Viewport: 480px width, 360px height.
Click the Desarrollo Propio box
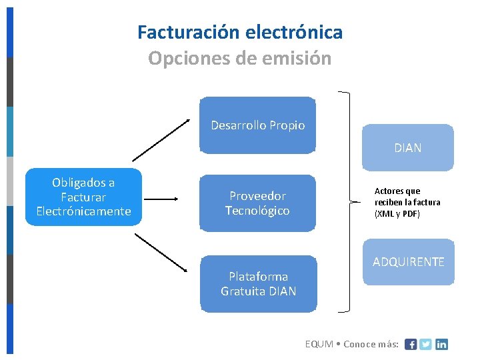(x=258, y=125)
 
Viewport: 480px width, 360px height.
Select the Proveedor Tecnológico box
(x=257, y=203)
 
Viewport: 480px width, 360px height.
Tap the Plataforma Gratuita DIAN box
(x=259, y=283)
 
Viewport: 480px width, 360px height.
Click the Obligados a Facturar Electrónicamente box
(x=83, y=197)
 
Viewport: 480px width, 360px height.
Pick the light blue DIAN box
(x=407, y=147)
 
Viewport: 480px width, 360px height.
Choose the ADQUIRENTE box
(x=408, y=262)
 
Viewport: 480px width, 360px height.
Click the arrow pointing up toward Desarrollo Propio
(x=161, y=140)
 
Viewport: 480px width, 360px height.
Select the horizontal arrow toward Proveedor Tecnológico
(x=161, y=199)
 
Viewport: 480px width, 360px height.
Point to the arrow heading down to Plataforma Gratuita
(x=161, y=251)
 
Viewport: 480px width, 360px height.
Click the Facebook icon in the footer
(x=411, y=345)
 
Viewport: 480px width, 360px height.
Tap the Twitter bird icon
(x=426, y=345)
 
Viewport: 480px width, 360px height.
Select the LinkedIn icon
(x=441, y=345)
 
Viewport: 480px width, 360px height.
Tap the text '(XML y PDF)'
(x=397, y=214)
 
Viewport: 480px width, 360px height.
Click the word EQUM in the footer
(x=319, y=345)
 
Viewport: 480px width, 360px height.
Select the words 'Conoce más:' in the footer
(x=371, y=345)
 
